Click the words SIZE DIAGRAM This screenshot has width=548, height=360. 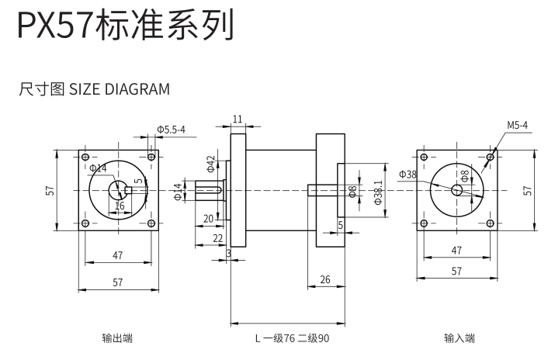tap(120, 88)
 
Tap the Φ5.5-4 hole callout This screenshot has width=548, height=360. tap(171, 130)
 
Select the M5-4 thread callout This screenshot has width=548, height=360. tap(518, 125)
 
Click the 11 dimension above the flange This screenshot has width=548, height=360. tap(238, 119)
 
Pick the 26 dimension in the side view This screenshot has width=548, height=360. tap(324, 279)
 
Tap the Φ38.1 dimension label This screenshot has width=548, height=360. tap(378, 191)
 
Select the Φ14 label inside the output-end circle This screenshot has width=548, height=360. tap(98, 168)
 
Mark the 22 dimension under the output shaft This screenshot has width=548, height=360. tap(218, 237)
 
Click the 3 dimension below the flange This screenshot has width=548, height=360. tap(229, 253)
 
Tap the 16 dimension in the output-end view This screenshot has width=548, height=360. tap(120, 206)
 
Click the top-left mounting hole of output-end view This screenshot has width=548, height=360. tap(85, 157)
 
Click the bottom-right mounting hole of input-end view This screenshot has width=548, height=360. tap(489, 223)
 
